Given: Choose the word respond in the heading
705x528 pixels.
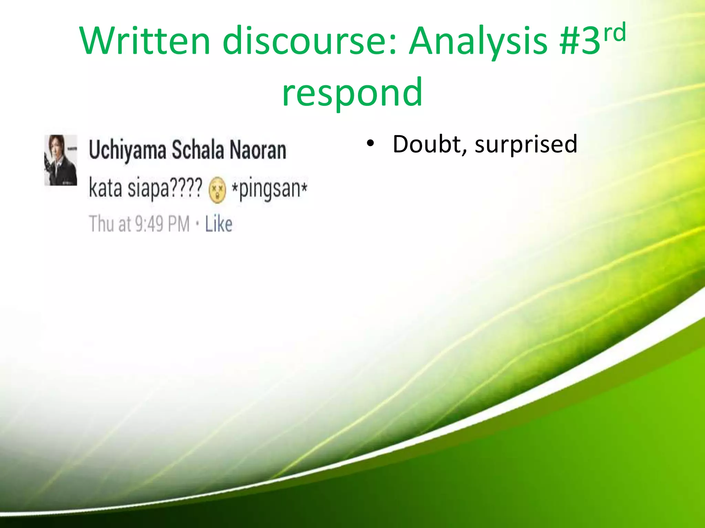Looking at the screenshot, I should tap(352, 92).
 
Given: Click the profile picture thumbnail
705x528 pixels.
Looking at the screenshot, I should tap(61, 160).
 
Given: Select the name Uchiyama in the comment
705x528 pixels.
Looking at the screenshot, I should tap(127, 151).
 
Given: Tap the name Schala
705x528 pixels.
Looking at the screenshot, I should tap(198, 150).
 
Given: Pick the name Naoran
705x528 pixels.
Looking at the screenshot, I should tap(258, 150).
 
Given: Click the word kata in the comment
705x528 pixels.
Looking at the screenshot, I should tap(105, 188).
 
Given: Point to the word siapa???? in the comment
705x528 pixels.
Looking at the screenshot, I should tap(165, 188).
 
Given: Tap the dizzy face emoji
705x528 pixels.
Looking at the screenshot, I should tap(217, 190).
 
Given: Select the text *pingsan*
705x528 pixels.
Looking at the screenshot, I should tap(270, 189).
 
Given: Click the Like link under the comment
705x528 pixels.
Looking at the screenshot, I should tap(219, 224).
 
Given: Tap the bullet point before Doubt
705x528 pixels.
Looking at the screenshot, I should tap(370, 143).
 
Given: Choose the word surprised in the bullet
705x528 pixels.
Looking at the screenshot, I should tap(526, 145).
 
